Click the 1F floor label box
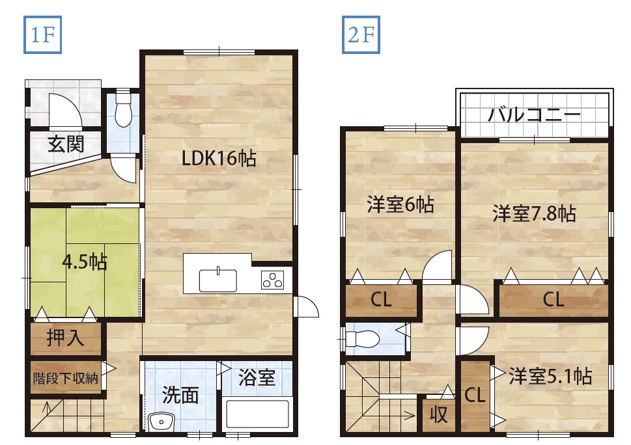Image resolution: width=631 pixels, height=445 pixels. [42, 34]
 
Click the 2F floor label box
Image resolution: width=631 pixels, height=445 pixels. [361, 34]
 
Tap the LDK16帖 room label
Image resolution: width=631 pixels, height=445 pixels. [219, 158]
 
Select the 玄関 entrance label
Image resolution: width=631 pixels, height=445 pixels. [66, 144]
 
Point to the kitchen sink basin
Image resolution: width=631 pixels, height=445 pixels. [217, 280]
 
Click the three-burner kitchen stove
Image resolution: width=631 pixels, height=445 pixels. [272, 280]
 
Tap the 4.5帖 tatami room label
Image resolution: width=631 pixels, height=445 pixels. [85, 262]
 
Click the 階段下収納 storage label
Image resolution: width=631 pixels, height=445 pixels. [65, 378]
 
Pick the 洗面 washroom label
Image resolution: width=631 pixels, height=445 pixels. [180, 395]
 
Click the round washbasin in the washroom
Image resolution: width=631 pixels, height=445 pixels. [161, 422]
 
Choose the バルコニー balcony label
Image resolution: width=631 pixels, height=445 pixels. [535, 115]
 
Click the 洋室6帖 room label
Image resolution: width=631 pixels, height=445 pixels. [400, 204]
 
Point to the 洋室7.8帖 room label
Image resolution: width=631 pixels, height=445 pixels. [534, 213]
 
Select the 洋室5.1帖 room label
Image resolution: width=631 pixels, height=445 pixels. [550, 376]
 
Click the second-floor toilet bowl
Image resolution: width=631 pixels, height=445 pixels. [363, 339]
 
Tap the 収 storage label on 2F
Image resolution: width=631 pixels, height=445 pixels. [438, 414]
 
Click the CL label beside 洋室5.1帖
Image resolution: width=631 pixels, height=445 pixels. [475, 395]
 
